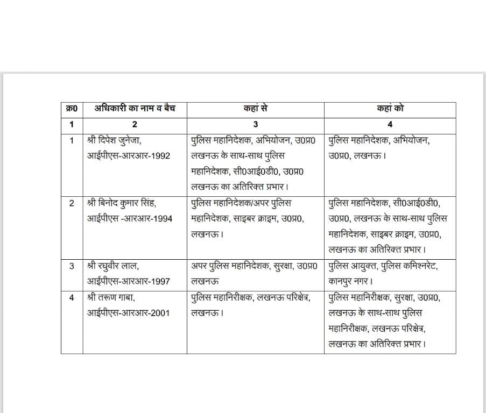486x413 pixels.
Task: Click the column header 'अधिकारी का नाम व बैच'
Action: coord(135,109)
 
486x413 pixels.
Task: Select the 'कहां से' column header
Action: coord(256,109)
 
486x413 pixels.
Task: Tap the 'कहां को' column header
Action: coord(390,109)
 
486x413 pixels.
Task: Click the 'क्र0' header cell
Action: coord(72,109)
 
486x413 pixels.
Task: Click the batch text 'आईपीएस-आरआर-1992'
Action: coord(129,156)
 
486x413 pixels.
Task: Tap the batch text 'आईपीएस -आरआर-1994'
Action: coord(130,219)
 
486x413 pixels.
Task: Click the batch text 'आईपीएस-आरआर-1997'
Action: coord(129,281)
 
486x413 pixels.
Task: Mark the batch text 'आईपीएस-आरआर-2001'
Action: coord(129,312)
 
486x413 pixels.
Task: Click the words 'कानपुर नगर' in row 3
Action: coord(350,281)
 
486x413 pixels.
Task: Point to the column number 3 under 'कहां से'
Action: coord(256,124)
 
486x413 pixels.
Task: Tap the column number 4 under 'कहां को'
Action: coord(390,124)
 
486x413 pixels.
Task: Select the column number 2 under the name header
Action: coord(135,124)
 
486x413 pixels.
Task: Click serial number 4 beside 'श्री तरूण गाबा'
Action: coord(72,297)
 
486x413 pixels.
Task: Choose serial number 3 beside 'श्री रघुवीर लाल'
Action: coord(72,266)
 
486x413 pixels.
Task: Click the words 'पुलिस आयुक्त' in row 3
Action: coord(352,266)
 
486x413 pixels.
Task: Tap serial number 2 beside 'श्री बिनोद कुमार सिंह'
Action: coord(72,203)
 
